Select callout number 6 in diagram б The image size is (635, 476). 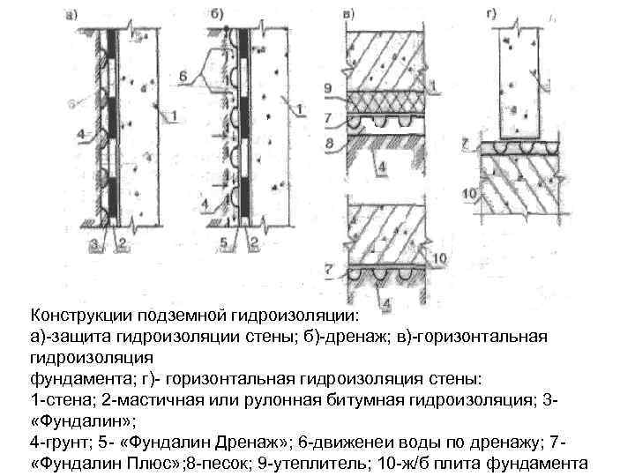(x=183, y=78)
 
